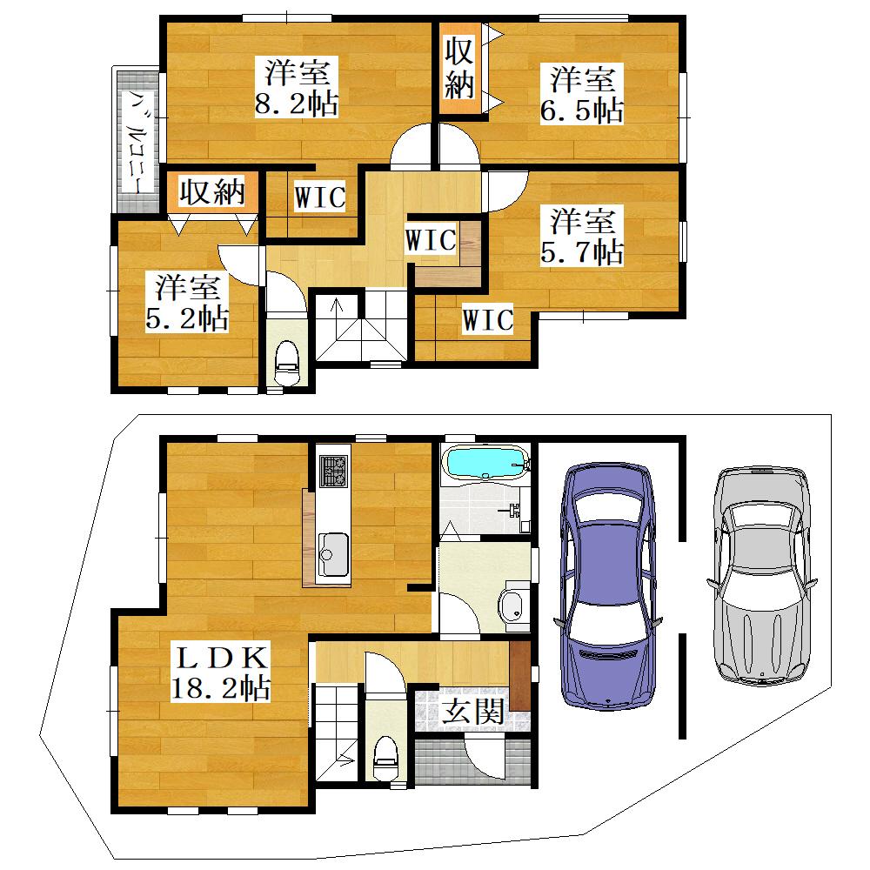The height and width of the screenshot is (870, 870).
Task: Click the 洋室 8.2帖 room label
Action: coord(297,88)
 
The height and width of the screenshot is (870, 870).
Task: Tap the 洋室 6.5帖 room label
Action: coord(582,94)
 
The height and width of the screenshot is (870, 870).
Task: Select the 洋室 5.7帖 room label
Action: coord(582,236)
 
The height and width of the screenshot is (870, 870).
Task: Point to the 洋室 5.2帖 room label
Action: coord(186,303)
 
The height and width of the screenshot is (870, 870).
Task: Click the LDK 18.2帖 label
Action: coord(220,673)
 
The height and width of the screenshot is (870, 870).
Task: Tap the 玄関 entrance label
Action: coord(472,712)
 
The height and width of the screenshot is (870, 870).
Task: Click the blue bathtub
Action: coord(486,463)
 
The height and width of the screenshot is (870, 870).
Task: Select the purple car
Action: coord(608,586)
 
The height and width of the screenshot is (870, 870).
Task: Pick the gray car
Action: coord(761,575)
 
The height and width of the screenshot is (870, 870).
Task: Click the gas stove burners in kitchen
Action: coord(333,471)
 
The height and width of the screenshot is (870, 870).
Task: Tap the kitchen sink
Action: coord(333,555)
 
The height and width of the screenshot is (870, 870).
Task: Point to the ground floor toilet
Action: coord(386,758)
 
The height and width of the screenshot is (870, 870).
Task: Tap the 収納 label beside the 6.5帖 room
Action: coord(459,68)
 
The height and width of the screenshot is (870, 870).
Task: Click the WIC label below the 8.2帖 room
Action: coord(320,197)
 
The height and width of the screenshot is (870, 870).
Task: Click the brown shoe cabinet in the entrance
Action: coord(520,675)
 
